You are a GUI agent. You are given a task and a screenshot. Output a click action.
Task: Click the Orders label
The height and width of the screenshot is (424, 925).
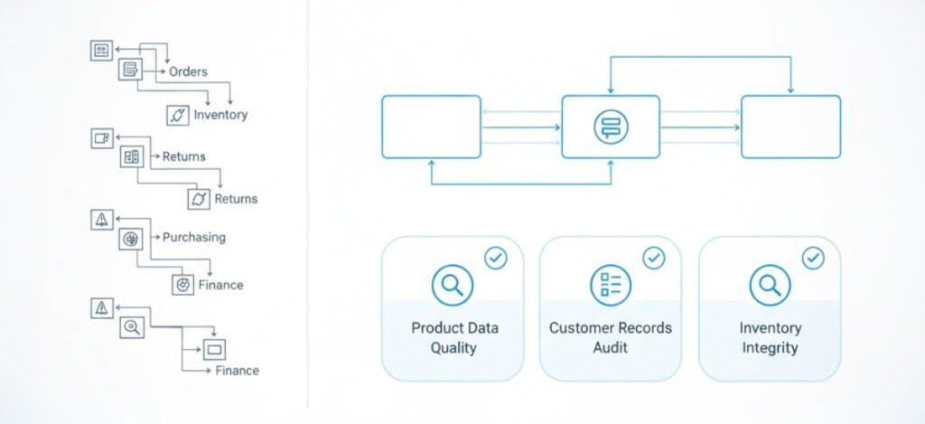point(188,71)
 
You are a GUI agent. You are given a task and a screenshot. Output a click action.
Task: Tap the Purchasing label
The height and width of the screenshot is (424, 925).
point(194,237)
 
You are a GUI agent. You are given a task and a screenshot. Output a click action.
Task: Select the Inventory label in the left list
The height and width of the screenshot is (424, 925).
point(220,115)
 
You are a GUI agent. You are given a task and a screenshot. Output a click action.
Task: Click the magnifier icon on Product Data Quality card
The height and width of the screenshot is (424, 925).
point(452,286)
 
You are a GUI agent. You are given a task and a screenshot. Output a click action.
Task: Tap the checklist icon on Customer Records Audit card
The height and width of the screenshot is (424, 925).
point(610,286)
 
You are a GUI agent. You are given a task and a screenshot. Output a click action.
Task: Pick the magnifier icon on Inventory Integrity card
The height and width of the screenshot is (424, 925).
point(770,286)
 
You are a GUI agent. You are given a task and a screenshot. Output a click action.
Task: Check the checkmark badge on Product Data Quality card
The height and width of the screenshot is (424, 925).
point(496,259)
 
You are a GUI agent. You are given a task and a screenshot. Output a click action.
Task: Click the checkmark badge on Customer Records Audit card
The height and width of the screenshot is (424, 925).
point(653,259)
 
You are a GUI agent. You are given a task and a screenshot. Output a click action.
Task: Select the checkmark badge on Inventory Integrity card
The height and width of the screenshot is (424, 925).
point(813,259)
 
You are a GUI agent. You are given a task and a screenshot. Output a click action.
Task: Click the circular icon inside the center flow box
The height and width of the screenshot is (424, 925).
point(611,127)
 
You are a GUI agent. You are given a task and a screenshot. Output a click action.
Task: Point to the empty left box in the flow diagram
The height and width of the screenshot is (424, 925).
point(431,127)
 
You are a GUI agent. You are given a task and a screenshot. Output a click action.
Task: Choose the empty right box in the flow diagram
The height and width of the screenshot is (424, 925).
point(790,127)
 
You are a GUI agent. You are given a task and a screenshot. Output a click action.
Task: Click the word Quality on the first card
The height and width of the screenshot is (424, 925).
point(453,348)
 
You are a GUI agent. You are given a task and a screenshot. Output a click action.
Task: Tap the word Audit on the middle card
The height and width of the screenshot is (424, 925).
point(611,348)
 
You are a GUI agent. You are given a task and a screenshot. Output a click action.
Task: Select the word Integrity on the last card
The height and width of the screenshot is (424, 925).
point(770,348)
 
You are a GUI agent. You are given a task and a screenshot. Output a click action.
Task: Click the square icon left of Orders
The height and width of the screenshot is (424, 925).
point(131,70)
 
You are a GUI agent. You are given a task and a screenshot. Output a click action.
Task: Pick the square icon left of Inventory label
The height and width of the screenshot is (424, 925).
point(177,115)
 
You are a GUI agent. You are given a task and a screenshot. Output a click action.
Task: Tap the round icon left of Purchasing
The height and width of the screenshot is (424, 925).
point(131,240)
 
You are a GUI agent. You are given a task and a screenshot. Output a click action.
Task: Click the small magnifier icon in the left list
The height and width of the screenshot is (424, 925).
point(131,326)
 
